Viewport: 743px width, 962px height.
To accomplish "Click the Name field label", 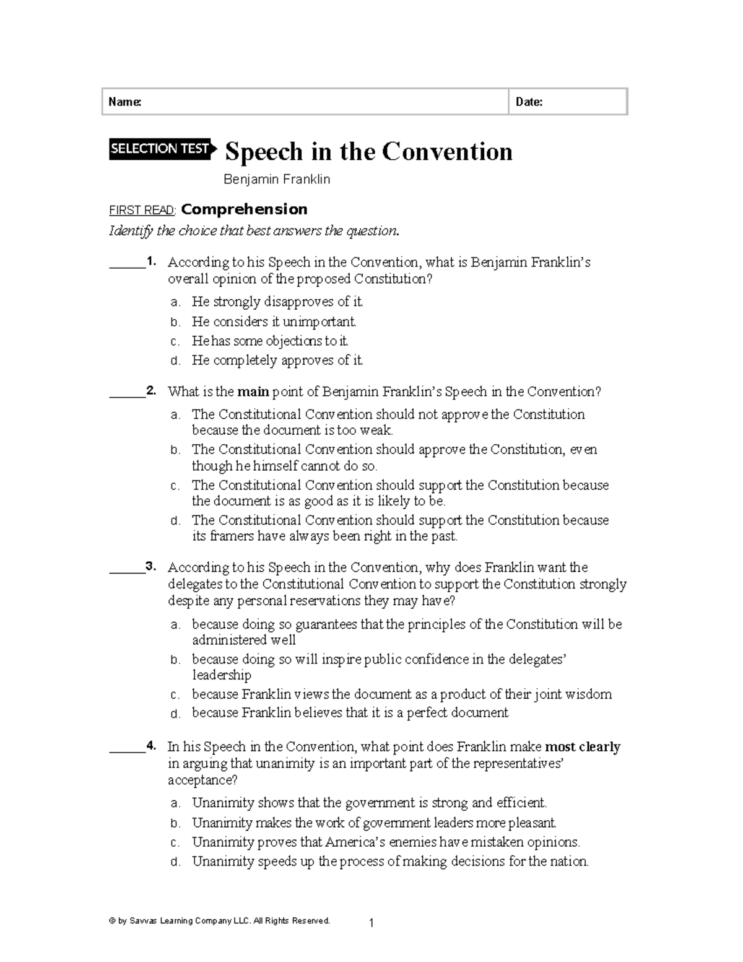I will [124, 102].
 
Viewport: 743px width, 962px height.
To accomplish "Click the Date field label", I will [529, 102].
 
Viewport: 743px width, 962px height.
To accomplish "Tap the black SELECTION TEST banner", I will [161, 149].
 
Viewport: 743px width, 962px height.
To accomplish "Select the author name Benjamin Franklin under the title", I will [277, 180].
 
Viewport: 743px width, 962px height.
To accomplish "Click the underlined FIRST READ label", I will [142, 210].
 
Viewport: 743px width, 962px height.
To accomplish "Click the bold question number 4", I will [151, 746].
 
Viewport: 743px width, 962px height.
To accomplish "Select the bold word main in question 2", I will [254, 391].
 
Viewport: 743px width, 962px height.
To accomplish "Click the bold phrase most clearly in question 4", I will [582, 747].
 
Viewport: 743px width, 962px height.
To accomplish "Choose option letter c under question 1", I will [175, 341].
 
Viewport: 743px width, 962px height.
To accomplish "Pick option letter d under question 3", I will [175, 714].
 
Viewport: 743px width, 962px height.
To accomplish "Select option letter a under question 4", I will [175, 803].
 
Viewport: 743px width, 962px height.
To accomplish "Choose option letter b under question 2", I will [175, 450].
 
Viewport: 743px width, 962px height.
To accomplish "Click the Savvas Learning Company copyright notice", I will [220, 920].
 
